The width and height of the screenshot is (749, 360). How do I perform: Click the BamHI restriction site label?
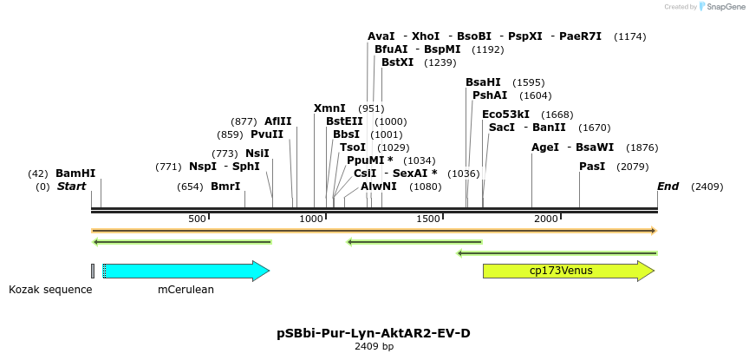pyautogui.click(x=75, y=173)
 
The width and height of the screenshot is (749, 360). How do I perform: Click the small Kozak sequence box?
pyautogui.click(x=93, y=271)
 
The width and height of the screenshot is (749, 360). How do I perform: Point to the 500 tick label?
pyautogui.click(x=197, y=219)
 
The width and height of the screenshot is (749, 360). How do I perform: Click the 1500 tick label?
pyautogui.click(x=429, y=219)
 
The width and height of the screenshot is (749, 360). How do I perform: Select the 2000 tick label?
pyautogui.click(x=546, y=219)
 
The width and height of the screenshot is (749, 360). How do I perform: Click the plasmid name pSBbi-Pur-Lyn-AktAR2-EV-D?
pyautogui.click(x=374, y=333)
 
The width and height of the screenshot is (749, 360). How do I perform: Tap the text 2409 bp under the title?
pyautogui.click(x=374, y=346)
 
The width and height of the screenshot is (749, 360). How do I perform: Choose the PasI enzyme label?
pyautogui.click(x=592, y=166)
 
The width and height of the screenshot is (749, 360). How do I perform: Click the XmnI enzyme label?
pyautogui.click(x=329, y=108)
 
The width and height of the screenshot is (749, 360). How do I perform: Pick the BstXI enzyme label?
pyautogui.click(x=398, y=62)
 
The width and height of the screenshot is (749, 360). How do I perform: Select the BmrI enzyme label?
pyautogui.click(x=225, y=187)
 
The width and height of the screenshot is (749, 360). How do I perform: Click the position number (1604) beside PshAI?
pyautogui.click(x=535, y=95)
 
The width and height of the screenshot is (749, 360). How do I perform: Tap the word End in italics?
pyautogui.click(x=668, y=187)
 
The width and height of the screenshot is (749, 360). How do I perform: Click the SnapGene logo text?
pyautogui.click(x=725, y=7)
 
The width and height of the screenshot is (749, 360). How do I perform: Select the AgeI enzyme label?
pyautogui.click(x=545, y=147)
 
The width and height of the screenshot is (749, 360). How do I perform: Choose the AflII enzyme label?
pyautogui.click(x=278, y=121)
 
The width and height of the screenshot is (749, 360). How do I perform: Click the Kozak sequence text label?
pyautogui.click(x=50, y=290)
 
